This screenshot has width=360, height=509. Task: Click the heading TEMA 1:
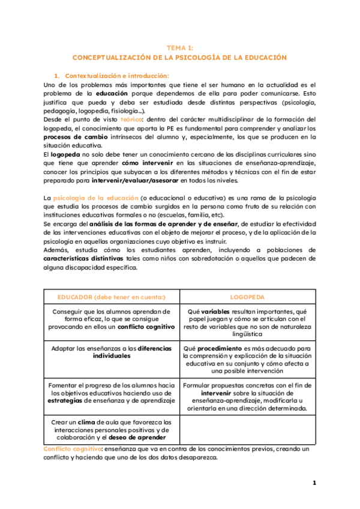[179, 47]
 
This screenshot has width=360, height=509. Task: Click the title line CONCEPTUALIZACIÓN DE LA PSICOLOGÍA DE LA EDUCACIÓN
[179, 58]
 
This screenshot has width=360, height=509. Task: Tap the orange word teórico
[131, 119]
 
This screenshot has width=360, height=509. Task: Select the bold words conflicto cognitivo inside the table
[147, 327]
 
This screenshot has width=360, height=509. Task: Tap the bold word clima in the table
[86, 422]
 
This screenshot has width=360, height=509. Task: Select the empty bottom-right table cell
[247, 429]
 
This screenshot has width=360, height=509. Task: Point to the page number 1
[314, 483]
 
